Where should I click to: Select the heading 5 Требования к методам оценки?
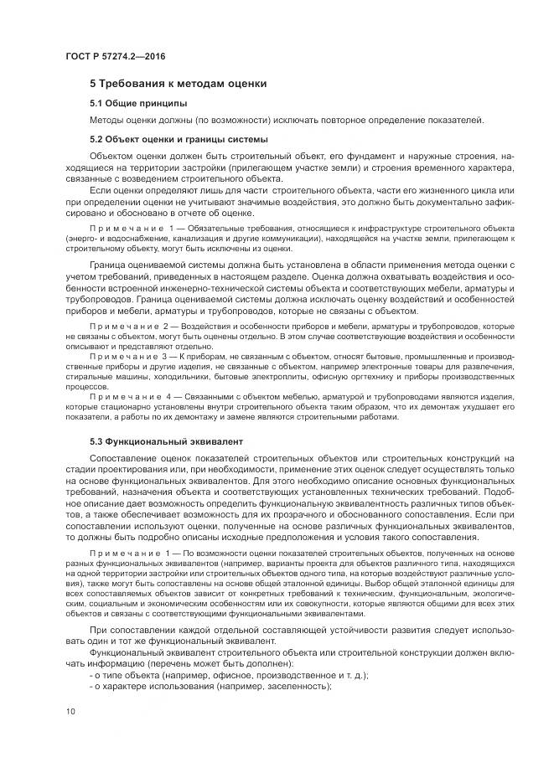pyautogui.click(x=179, y=84)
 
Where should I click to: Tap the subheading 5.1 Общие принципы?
pyautogui.click(x=137, y=103)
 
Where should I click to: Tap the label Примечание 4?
pyautogui.click(x=133, y=395)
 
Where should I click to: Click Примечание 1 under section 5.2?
pyautogui.click(x=133, y=228)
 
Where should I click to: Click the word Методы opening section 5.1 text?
pyautogui.click(x=108, y=120)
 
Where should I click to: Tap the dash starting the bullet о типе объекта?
pyautogui.click(x=91, y=676)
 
